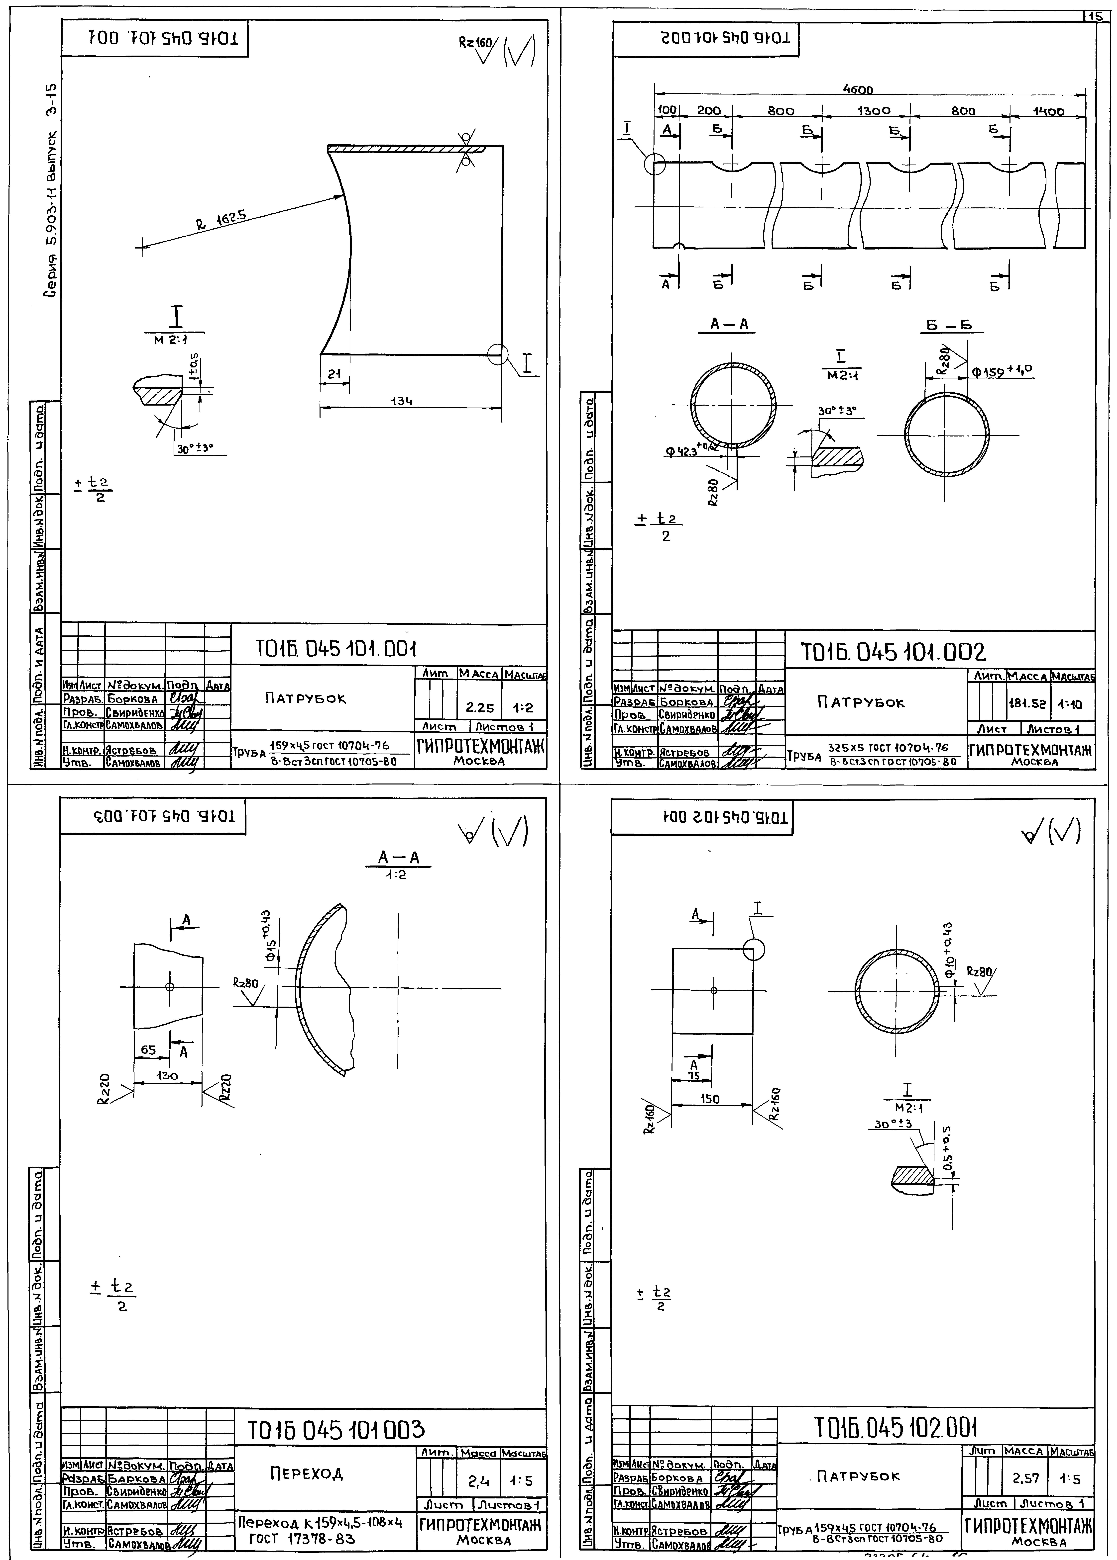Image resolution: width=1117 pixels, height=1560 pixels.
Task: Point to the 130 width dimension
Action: [167, 1076]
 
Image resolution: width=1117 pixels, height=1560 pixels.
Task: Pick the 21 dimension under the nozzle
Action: [334, 373]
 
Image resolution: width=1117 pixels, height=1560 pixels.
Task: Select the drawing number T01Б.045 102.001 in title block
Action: [895, 1428]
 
